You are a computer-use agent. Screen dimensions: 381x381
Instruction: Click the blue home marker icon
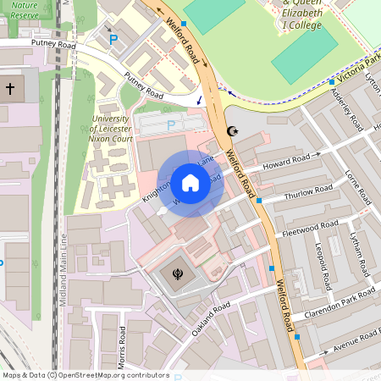[x=190, y=182]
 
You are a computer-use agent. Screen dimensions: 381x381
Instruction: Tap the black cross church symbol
[x=10, y=88]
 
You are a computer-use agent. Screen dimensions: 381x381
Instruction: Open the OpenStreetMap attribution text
[x=86, y=375]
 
